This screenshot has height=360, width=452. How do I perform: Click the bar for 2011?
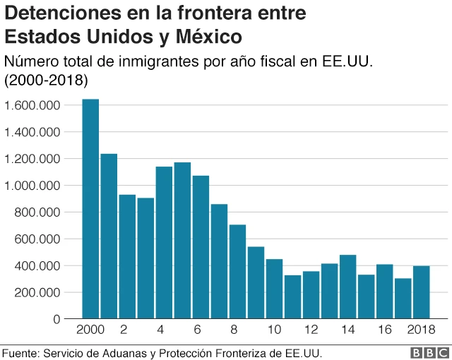coord(292,297)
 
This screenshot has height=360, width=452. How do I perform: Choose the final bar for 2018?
coord(421,292)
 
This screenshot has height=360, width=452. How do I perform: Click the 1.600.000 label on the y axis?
coord(32,105)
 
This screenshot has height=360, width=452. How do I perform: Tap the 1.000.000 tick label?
coord(32,186)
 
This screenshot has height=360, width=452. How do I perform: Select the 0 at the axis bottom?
coord(56,319)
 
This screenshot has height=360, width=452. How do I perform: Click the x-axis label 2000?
coord(90,330)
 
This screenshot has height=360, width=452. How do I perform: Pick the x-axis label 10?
coord(274,330)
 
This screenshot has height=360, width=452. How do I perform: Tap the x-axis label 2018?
coord(421,330)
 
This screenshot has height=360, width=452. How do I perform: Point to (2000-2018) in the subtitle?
coord(46,80)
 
